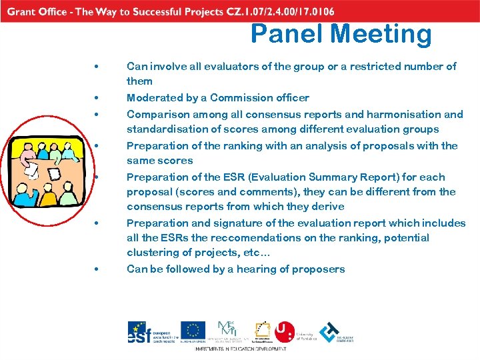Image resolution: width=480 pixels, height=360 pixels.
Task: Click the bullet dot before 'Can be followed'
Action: tap(97, 269)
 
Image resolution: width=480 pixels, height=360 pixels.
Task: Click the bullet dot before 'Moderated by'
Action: tap(97, 98)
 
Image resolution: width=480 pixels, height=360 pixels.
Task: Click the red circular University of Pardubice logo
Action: tap(285, 331)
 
